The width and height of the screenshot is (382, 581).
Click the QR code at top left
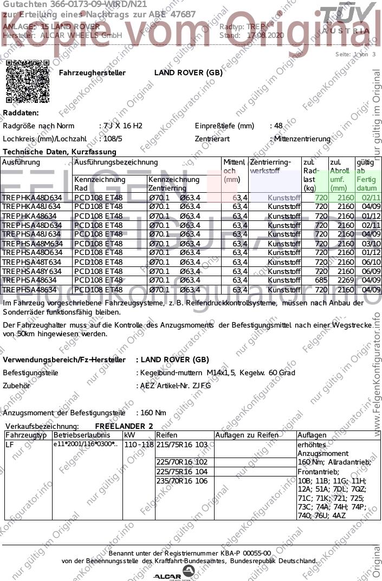28,81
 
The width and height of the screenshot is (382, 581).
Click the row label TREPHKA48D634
32,198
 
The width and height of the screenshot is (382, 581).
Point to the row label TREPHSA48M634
32,244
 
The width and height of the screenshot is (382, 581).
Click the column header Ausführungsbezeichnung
116,162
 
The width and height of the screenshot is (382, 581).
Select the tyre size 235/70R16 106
182,481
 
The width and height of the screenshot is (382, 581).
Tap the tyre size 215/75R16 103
182,445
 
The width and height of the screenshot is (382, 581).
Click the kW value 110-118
138,445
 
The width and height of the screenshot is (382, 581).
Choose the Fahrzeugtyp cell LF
9,445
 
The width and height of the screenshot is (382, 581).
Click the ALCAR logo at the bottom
173,576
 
